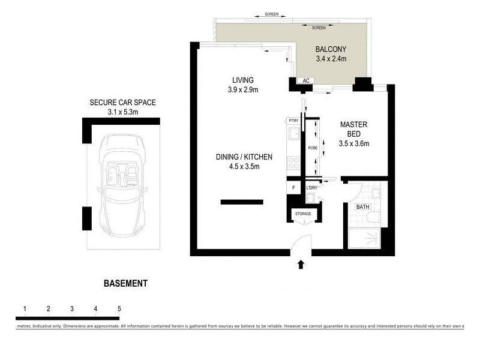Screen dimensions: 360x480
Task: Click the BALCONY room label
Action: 331,50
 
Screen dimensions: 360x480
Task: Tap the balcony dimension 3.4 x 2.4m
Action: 331,59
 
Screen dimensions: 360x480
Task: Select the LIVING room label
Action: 244,80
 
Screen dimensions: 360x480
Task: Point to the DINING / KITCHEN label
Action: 244,157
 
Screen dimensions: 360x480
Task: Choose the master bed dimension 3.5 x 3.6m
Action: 353,143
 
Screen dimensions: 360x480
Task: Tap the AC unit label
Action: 305,80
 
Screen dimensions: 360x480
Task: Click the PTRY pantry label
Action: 293,121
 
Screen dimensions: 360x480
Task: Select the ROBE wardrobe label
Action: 312,147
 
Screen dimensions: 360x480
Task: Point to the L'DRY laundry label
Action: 311,188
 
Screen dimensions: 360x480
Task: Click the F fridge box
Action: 293,188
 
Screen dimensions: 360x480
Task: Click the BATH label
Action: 363,207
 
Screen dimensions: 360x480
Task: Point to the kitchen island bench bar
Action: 242,202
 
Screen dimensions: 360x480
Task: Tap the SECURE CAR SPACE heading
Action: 122,103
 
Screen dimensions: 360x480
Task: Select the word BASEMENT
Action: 125,283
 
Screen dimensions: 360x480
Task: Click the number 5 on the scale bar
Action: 119,309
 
